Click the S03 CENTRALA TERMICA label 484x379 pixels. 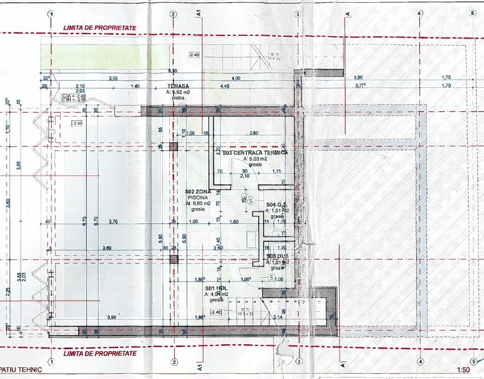click(254, 153)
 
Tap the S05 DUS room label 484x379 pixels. click(276, 256)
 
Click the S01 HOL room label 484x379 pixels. click(215, 288)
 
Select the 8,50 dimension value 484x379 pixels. click(173, 71)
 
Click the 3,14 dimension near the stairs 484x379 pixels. click(278, 317)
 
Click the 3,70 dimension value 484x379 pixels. click(113, 222)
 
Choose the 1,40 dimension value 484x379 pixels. click(135, 86)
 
